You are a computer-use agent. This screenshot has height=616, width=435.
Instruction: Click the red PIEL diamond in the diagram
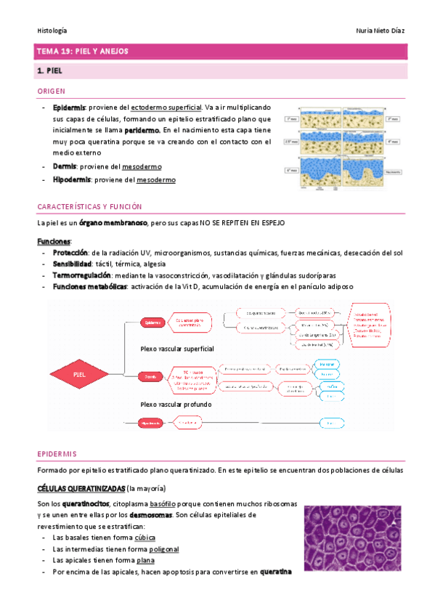coord(80,374)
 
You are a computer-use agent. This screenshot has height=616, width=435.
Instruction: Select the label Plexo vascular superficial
coord(177,349)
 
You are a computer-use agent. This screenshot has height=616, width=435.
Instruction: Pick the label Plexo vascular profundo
coord(176,404)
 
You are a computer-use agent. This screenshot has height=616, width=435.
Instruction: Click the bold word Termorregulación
coord(82,275)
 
